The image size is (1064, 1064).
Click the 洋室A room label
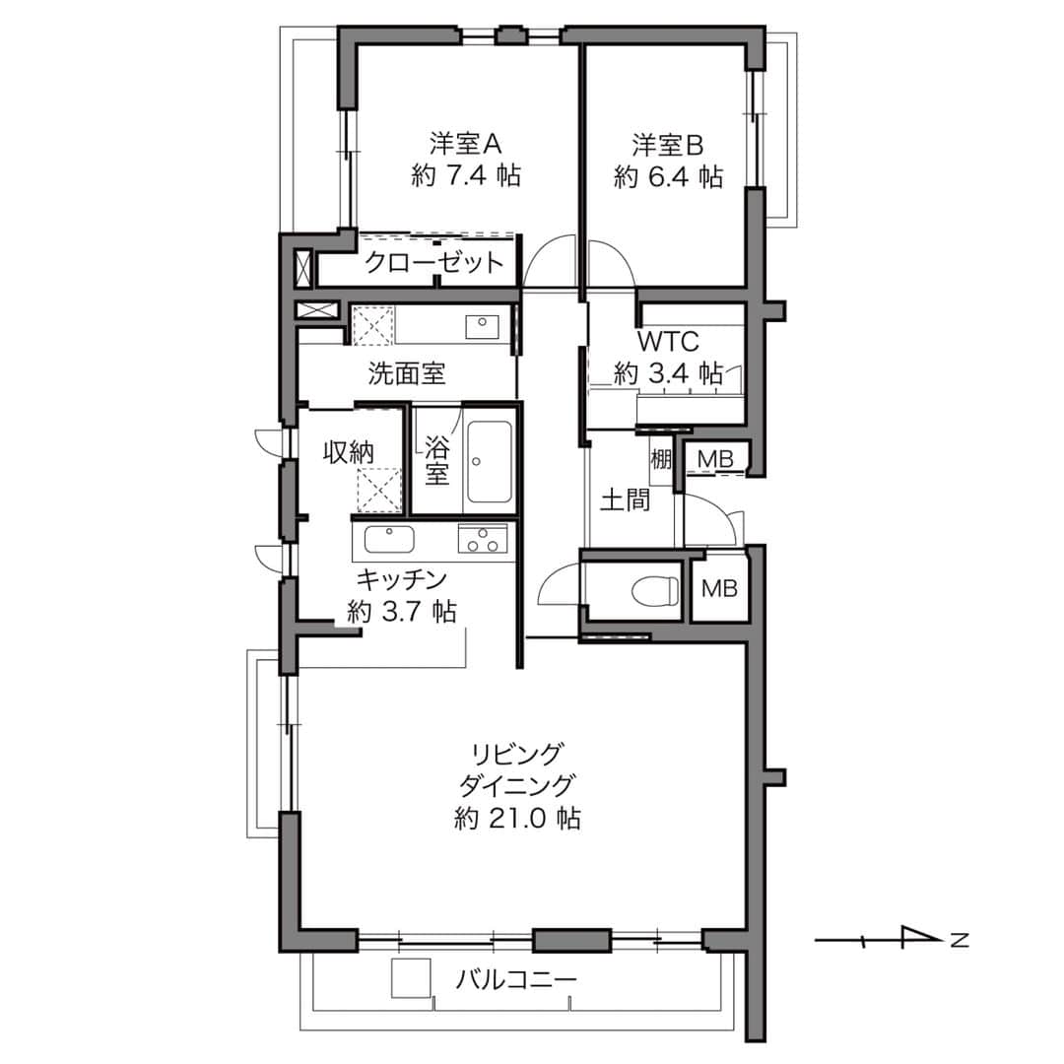[465, 144]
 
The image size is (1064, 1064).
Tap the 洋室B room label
[668, 145]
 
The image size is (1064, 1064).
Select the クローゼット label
[434, 261]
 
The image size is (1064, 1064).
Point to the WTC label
[668, 342]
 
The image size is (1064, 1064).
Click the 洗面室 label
[407, 373]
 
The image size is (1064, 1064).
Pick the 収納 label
[348, 452]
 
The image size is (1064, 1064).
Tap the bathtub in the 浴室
[490, 461]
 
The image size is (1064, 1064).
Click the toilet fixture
[655, 590]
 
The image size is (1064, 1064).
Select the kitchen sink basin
[389, 541]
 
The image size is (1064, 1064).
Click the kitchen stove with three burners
[483, 541]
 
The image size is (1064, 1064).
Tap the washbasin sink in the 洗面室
[482, 327]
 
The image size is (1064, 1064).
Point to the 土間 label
[625, 500]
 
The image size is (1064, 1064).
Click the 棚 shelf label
[661, 459]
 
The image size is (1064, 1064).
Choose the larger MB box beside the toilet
[719, 588]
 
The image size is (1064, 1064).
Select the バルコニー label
[515, 980]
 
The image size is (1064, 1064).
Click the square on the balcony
[411, 978]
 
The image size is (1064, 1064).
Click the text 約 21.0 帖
[517, 819]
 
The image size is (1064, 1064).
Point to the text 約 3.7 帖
[402, 612]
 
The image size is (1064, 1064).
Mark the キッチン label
[402, 580]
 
